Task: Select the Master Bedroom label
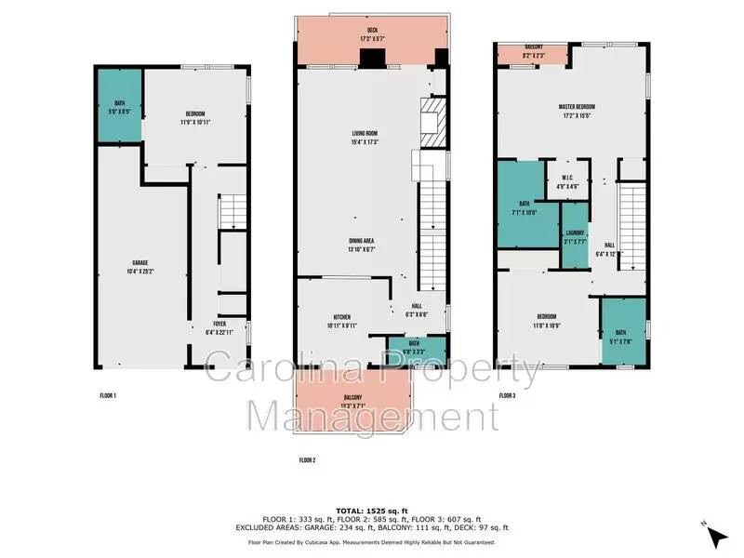point(577,112)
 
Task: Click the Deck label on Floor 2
point(370,38)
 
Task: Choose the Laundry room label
point(574,237)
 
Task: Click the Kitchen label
point(342,321)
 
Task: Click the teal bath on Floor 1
point(120,107)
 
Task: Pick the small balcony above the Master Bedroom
point(533,53)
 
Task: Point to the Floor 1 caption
point(108,396)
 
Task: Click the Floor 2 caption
point(308,459)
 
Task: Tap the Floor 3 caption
point(507,396)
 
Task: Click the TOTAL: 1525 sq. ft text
point(369,510)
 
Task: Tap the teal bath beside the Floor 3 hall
point(623,332)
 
